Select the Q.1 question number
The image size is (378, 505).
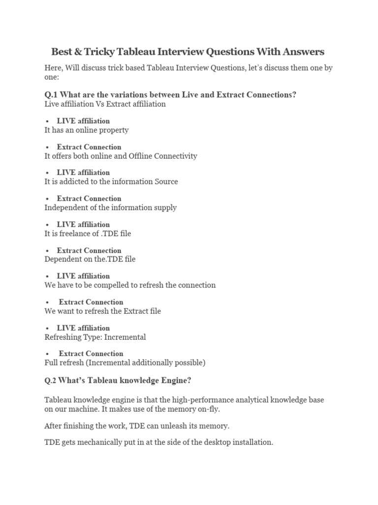(x=52, y=95)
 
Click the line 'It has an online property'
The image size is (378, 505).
(x=87, y=130)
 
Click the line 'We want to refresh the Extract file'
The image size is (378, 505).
(x=102, y=311)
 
